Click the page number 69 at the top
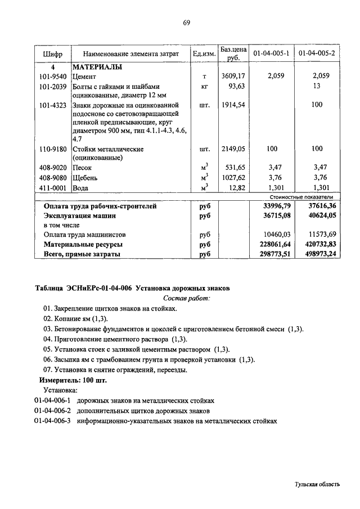tap(187, 22)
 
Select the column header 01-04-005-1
tap(272, 54)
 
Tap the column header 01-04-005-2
tap(317, 54)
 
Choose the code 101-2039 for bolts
tap(53, 87)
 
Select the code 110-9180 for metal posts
tap(53, 149)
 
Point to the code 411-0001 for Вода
tap(53, 188)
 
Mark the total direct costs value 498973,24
tap(319, 254)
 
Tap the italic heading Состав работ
tap(186, 298)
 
